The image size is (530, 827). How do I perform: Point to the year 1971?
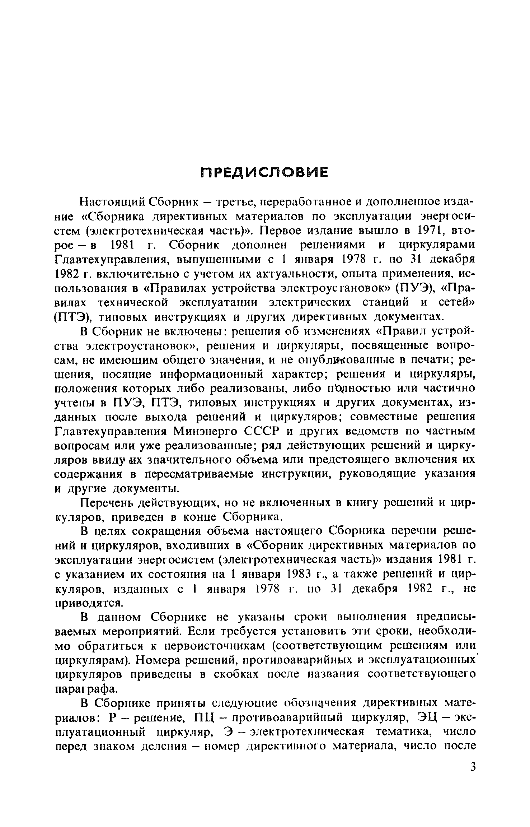click(433, 230)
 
